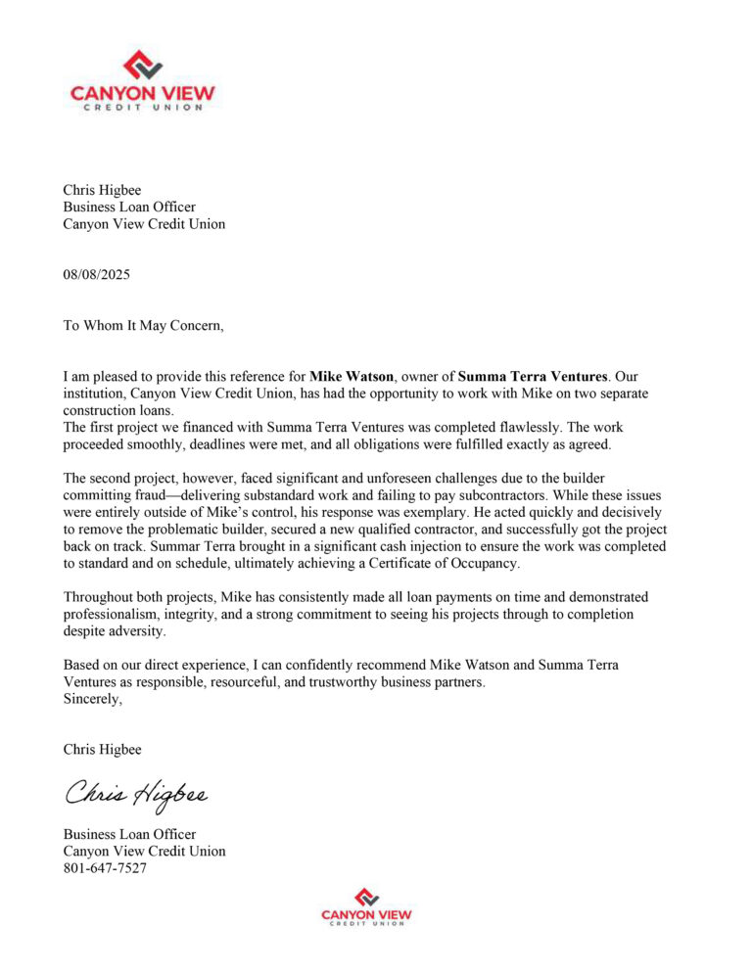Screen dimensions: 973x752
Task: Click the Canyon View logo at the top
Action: pos(143,81)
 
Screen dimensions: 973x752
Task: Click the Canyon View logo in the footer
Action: pos(366,907)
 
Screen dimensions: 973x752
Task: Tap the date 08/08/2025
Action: pos(96,275)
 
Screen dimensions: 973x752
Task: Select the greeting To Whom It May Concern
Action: pos(144,326)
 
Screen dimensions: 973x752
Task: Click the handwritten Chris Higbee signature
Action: pos(136,792)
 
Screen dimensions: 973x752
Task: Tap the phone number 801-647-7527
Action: pos(105,868)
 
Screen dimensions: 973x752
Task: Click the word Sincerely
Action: pos(93,699)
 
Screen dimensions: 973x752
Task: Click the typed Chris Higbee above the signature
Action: pos(102,750)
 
